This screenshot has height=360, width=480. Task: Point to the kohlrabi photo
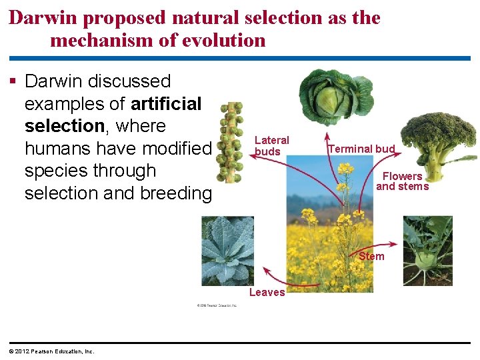(427, 251)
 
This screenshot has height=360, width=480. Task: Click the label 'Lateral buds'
(271, 145)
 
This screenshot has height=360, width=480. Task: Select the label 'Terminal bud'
(361, 149)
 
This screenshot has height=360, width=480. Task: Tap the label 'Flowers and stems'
(402, 181)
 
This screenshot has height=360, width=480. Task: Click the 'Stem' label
(371, 256)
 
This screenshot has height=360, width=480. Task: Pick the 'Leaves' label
(267, 292)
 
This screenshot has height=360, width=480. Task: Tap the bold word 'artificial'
(167, 103)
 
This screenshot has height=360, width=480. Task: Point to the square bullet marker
(14, 82)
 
